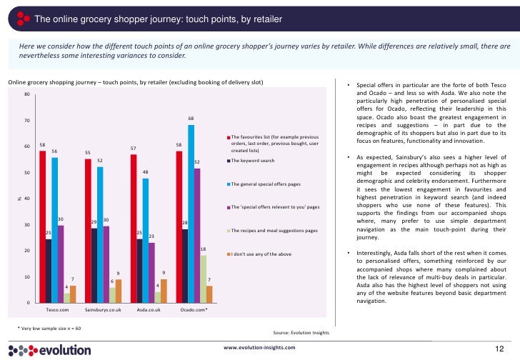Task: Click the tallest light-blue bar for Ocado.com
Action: tap(191, 214)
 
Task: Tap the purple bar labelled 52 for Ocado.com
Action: tap(198, 236)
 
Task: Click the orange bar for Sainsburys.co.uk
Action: tap(119, 291)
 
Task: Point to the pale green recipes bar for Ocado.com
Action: tap(204, 279)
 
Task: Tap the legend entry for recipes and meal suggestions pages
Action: tap(274, 231)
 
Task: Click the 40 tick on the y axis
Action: tap(26, 199)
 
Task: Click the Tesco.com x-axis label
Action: tap(57, 311)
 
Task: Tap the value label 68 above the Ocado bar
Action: tap(191, 119)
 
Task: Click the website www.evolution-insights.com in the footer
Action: tap(259, 346)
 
